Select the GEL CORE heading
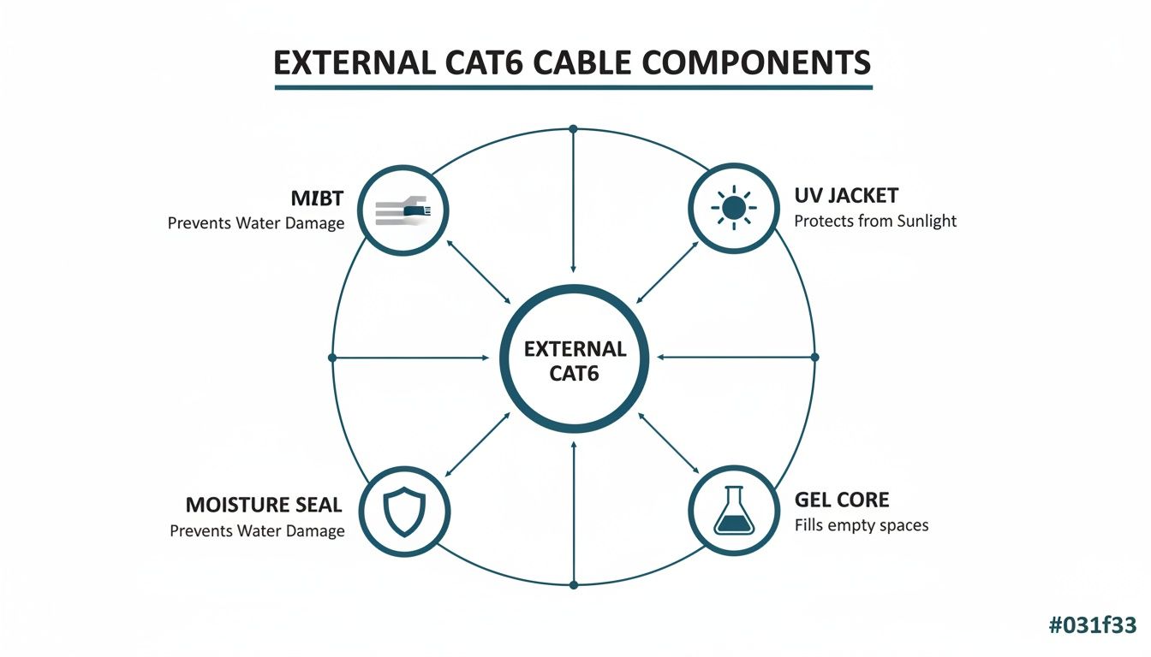pos(842,500)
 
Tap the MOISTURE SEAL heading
pos(264,505)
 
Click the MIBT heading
pos(317,199)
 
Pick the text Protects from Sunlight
pos(875,221)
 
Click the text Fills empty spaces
pos(861,524)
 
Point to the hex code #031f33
pos(1093,625)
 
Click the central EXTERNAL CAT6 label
pos(575,360)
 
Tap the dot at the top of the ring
pos(574,129)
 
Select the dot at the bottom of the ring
pos(574,585)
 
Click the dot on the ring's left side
pos(332,357)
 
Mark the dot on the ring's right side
pos(814,357)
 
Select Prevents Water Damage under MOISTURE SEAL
pos(257,530)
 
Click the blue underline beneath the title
pos(573,86)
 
